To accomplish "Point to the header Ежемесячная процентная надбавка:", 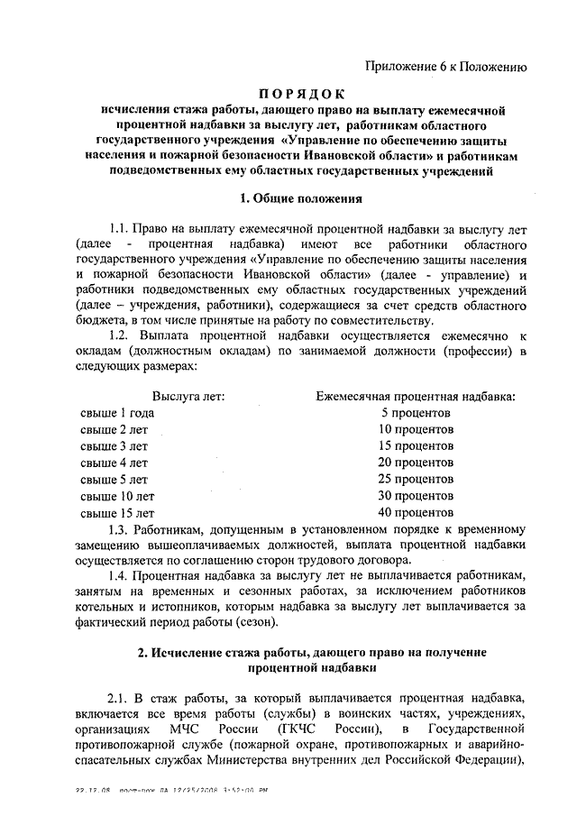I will [x=417, y=396].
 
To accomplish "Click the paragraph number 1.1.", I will [x=119, y=228].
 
